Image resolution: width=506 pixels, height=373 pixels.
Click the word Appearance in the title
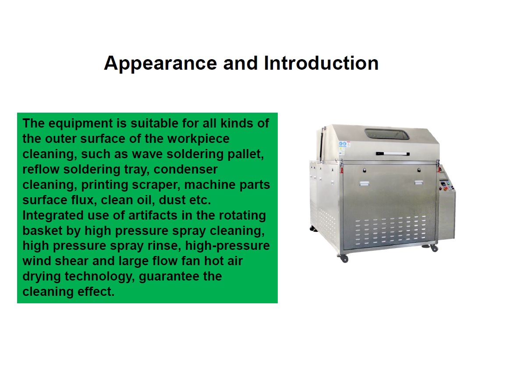click(x=160, y=63)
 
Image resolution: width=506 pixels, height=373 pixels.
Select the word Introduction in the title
click(x=321, y=63)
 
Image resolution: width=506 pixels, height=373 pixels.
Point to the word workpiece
click(x=198, y=139)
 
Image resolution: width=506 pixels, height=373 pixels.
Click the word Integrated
click(x=53, y=216)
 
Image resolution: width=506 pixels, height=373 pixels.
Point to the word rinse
click(x=165, y=246)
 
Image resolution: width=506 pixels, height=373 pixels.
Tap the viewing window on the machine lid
click(x=387, y=134)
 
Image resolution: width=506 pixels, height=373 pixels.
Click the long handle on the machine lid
click(x=393, y=154)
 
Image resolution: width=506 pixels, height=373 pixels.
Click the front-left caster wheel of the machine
click(x=344, y=258)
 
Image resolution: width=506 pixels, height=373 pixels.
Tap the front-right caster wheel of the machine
click(x=434, y=248)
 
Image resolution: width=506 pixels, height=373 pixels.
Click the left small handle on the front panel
click(x=364, y=184)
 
